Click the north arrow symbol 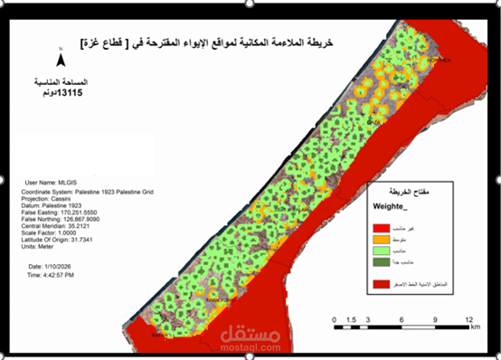tap(60, 59)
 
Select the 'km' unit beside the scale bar tap(475, 328)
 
